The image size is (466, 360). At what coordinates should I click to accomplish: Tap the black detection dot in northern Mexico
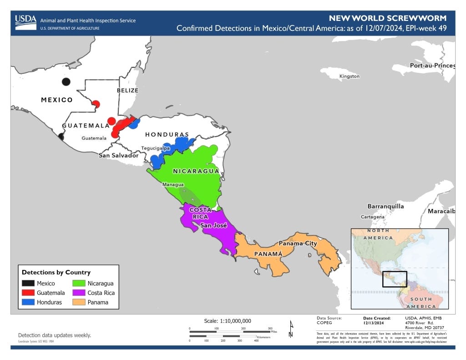(x=66, y=82)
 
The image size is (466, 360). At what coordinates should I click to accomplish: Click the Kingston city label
(x=349, y=76)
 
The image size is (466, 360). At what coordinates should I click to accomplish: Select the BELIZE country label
(x=127, y=90)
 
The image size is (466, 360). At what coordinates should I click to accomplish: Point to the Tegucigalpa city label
(x=155, y=148)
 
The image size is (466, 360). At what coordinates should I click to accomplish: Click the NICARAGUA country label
(x=196, y=172)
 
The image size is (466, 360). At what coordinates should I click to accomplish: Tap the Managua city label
(x=173, y=184)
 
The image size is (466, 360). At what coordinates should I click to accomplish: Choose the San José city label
(x=214, y=225)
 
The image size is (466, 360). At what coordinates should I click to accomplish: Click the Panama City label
(x=298, y=243)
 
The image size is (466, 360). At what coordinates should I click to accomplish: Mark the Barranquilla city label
(x=385, y=206)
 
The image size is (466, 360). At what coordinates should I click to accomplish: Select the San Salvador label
(x=118, y=155)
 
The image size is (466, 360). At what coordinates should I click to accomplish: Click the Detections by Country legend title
(x=56, y=272)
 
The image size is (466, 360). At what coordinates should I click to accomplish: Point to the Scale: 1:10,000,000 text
(x=228, y=320)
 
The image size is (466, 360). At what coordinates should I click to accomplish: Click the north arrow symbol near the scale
(x=291, y=329)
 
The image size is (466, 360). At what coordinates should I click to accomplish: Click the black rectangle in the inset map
(x=394, y=279)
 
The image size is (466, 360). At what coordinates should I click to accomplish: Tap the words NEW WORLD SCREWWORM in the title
(x=387, y=19)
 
